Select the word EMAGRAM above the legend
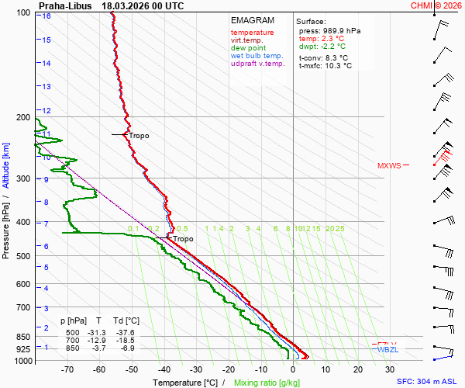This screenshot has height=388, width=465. [253, 20]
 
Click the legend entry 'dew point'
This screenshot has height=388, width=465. [248, 48]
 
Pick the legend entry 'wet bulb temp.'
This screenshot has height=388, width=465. [257, 56]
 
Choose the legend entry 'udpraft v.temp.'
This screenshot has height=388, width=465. [258, 64]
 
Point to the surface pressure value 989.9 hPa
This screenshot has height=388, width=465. [335, 30]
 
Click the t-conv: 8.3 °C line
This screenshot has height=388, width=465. [323, 57]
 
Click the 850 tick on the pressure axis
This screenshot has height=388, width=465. [24, 337]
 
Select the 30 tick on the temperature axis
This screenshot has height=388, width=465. [390, 370]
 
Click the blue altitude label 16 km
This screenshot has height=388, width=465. [47, 16]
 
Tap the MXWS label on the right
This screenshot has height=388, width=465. [389, 165]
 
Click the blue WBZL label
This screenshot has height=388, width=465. [387, 350]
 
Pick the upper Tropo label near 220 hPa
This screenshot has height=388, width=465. [139, 136]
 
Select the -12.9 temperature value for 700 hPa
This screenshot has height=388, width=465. [98, 340]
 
